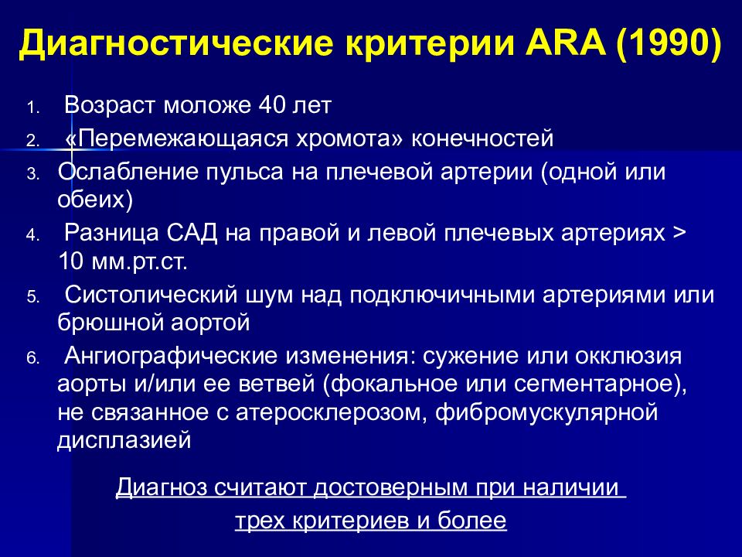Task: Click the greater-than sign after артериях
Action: tap(679, 233)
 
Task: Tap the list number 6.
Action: tap(32, 358)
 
